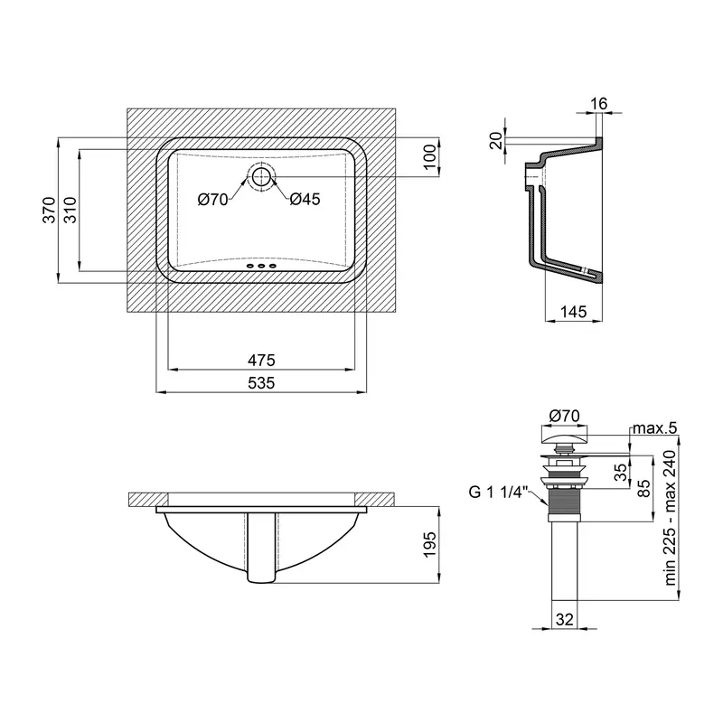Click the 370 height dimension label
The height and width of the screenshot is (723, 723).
click(x=50, y=210)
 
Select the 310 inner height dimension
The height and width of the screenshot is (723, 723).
click(x=70, y=210)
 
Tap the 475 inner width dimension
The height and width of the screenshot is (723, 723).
click(x=261, y=360)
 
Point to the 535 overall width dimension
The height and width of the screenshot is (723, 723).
click(x=261, y=382)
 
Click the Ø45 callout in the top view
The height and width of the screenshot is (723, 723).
click(x=305, y=199)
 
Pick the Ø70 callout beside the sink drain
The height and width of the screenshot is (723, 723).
click(x=213, y=199)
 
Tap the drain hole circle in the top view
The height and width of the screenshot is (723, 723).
click(x=261, y=176)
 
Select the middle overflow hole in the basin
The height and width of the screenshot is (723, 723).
click(x=261, y=266)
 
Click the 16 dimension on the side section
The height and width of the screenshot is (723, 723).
click(x=599, y=103)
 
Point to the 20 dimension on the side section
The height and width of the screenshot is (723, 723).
click(x=496, y=140)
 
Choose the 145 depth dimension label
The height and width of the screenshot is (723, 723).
click(x=574, y=312)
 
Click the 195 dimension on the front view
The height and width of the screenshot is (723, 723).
click(x=429, y=545)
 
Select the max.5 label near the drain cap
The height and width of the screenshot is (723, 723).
click(x=654, y=427)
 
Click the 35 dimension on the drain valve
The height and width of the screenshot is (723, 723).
click(x=621, y=472)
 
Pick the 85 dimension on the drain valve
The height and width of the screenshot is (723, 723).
click(x=643, y=488)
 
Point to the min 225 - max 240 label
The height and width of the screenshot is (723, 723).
click(x=670, y=518)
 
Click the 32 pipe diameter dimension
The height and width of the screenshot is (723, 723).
click(x=564, y=619)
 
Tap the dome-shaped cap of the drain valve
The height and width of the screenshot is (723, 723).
click(x=564, y=436)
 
